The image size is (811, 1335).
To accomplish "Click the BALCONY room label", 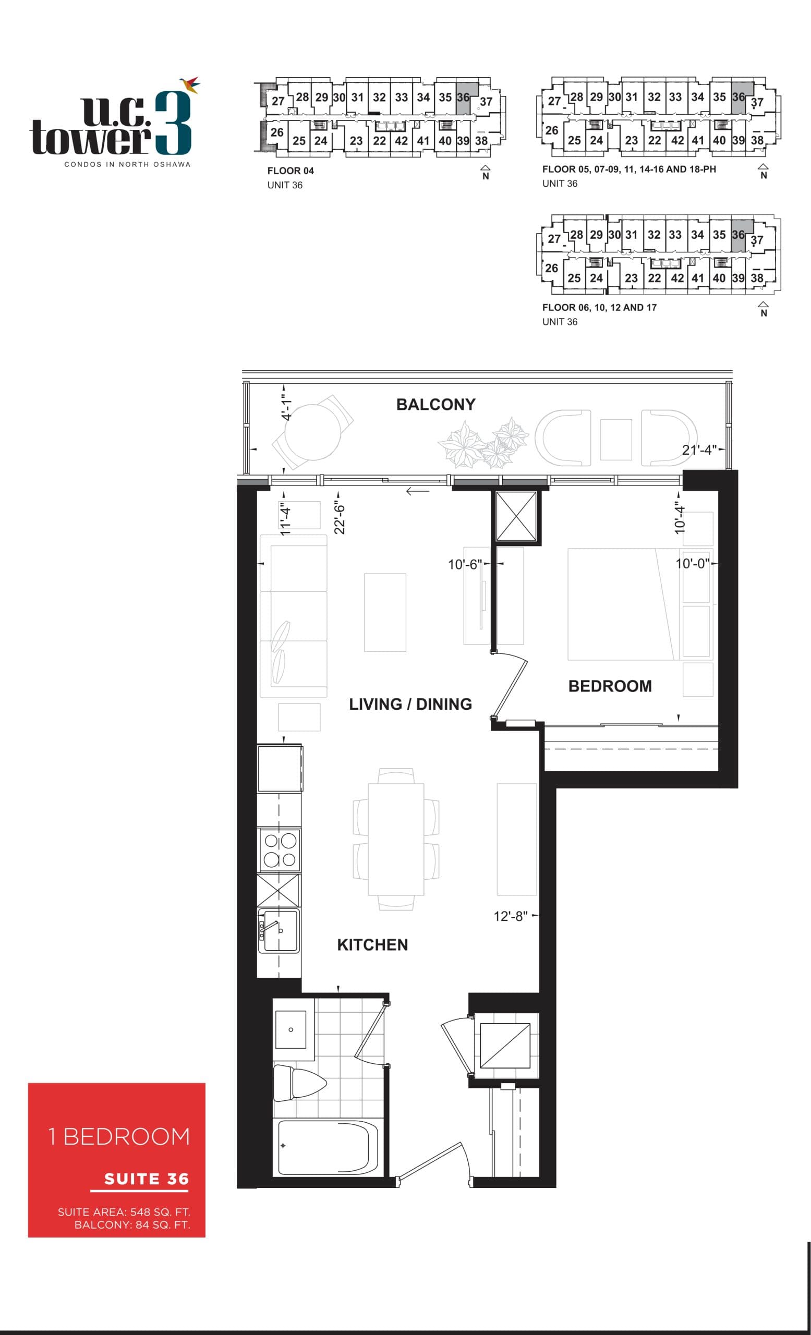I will coord(435,404).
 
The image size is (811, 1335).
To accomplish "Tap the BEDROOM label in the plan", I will coord(610,686).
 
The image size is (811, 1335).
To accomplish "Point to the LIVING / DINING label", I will coord(410,704).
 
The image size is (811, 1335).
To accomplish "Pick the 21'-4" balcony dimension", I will coord(699,450).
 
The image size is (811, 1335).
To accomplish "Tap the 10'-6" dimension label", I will coord(464,564).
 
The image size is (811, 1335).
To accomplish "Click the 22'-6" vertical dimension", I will coord(340,518).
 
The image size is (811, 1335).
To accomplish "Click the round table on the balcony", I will coord(312,432).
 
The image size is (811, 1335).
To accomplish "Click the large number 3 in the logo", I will coord(173,124).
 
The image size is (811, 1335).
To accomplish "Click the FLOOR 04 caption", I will coord(290,171).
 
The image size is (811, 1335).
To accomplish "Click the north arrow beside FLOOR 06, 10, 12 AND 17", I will coord(763,308).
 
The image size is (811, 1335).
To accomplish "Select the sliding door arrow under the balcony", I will coord(417,491).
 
